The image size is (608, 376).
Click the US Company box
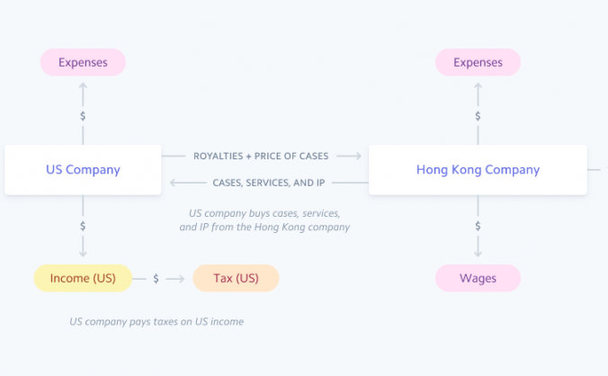(x=83, y=169)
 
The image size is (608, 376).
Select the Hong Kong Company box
(x=478, y=169)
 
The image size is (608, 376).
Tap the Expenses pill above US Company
(x=83, y=62)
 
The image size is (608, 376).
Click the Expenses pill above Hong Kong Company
(x=478, y=62)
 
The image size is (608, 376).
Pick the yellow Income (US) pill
(x=83, y=278)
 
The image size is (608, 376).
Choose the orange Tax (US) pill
(x=236, y=278)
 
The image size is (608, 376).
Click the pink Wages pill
(x=478, y=278)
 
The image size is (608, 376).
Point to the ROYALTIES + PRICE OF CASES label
(x=261, y=157)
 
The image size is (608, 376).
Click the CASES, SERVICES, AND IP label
(x=269, y=183)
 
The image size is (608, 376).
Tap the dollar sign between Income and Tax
(x=156, y=279)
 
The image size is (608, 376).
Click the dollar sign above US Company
(x=83, y=116)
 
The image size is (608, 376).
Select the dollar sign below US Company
(x=83, y=226)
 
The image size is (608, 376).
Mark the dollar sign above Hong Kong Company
(x=478, y=116)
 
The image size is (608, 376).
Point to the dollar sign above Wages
(x=478, y=226)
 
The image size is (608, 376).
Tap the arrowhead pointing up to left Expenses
(x=83, y=86)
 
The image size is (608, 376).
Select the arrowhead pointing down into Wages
(x=478, y=254)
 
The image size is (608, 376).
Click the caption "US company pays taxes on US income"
(x=156, y=321)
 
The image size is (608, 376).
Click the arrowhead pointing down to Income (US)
(x=83, y=254)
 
